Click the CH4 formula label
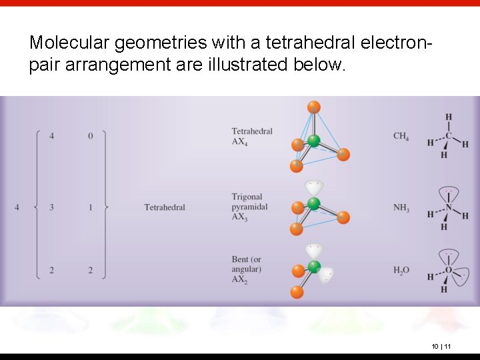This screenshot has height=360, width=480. pos(401,137)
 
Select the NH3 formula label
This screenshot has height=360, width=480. pos(401,209)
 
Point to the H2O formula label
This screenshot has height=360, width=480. pos(401,270)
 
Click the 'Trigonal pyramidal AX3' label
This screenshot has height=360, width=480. pos(249,207)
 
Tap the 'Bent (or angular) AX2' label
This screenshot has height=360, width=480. pos(247,269)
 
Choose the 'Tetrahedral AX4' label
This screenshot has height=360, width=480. pos(252,136)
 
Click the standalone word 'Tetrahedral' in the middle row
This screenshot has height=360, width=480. pos(165,207)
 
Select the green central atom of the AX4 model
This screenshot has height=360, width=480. pos(313,141)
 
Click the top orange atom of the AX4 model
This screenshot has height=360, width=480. pos(314,107)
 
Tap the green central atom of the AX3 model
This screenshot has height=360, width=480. pos(313,204)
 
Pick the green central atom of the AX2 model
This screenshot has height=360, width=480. pos(313,267)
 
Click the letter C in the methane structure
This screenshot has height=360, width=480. pos(449,137)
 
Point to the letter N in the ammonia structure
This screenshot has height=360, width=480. pos(449,208)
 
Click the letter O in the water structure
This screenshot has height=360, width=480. pos(449,270)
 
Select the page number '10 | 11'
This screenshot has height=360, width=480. pos(441,346)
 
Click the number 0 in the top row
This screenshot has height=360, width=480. pos(91,136)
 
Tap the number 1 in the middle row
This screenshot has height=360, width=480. pos(91,207)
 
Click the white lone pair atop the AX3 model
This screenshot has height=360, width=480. pos(313,187)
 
